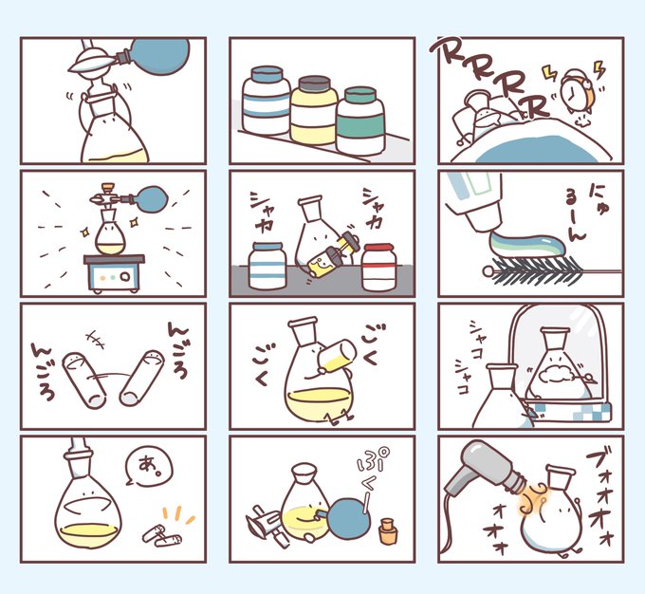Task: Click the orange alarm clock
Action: pos(579,92)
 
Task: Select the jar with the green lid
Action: pos(360,121)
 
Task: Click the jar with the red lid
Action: pos(378,267)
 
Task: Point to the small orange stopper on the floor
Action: pos(388,531)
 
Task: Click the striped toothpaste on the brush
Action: pos(530,246)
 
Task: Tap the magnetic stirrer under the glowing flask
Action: pos(115,273)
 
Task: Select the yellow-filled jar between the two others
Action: pos(314,110)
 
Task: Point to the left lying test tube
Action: pos(83,380)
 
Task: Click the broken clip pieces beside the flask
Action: pos(161,535)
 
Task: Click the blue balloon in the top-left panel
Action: pos(162,56)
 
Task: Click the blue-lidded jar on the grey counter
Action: pos(267,265)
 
